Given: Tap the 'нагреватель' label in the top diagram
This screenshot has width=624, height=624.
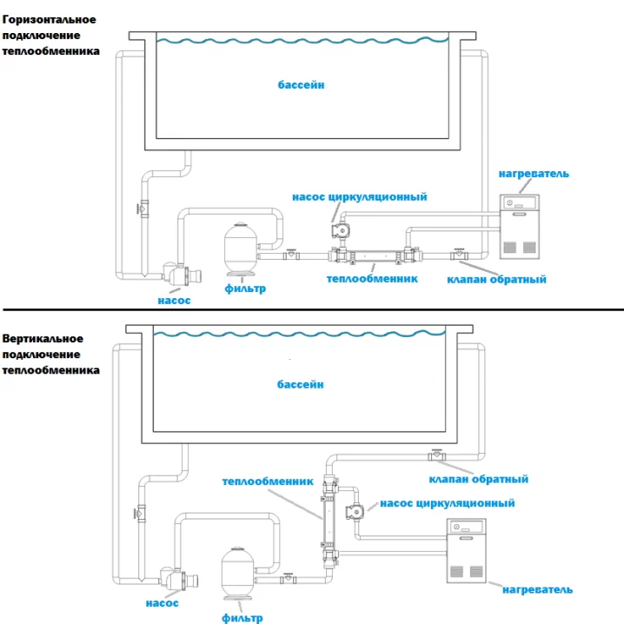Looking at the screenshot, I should tap(534, 174).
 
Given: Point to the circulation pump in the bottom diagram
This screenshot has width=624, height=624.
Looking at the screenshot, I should tap(355, 513).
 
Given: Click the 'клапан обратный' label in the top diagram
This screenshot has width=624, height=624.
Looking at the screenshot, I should tap(496, 279).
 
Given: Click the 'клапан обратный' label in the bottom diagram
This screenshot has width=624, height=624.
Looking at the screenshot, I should tap(479, 479).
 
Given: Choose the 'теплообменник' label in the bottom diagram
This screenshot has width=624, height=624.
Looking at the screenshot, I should tap(260, 480).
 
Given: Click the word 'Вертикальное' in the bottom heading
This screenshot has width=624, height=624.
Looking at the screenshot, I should tap(43, 338).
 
